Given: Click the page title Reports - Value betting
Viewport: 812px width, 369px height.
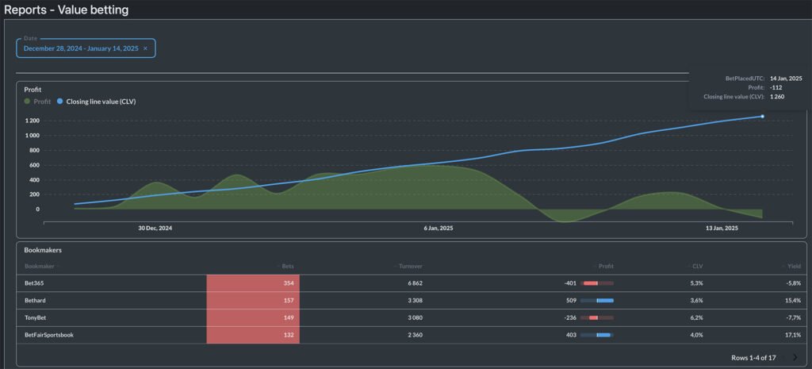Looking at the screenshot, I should [67, 10].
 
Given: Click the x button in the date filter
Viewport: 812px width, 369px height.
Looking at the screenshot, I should [145, 48].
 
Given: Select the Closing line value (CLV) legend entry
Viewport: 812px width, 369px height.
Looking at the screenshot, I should [99, 102].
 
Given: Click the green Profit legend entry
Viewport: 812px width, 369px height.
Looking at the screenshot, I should [38, 102].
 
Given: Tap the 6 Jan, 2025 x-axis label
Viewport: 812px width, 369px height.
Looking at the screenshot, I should [439, 228].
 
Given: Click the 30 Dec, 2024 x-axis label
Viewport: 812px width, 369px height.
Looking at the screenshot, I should [155, 228].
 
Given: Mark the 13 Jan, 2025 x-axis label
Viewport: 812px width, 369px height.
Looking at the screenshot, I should [721, 228].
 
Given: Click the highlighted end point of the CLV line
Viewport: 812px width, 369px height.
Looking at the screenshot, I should [763, 117].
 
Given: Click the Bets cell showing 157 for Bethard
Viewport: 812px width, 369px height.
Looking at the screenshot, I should [288, 301].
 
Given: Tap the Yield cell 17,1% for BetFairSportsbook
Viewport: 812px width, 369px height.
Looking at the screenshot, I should [790, 335].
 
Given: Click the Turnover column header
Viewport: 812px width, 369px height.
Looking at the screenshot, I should [410, 266].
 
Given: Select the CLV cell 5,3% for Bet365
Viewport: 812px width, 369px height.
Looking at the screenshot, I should [696, 283].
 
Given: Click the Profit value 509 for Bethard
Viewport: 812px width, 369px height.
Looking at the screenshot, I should [570, 301].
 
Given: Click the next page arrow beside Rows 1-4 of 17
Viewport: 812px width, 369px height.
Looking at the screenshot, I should [795, 358].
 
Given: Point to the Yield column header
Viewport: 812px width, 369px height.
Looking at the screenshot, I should [794, 266].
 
